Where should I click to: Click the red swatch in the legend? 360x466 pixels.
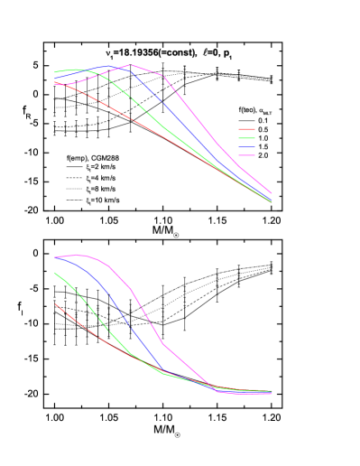pos(246,129)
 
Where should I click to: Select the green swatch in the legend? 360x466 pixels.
pos(246,138)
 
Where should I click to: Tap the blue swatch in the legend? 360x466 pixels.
pos(246,146)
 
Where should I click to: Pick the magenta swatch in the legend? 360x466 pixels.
pos(246,155)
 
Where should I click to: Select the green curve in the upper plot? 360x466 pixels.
pos(135,100)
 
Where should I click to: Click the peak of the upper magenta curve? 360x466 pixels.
pos(132,65)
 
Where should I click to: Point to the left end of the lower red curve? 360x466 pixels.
pos(55,303)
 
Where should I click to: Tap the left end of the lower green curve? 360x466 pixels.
pos(55,272)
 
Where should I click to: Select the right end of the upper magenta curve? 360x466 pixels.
pos(272,193)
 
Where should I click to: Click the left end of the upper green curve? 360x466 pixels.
pos(55,71)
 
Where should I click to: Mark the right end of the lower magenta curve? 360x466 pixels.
pos(272,394)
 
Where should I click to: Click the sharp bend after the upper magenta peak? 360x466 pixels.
pos(162,76)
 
